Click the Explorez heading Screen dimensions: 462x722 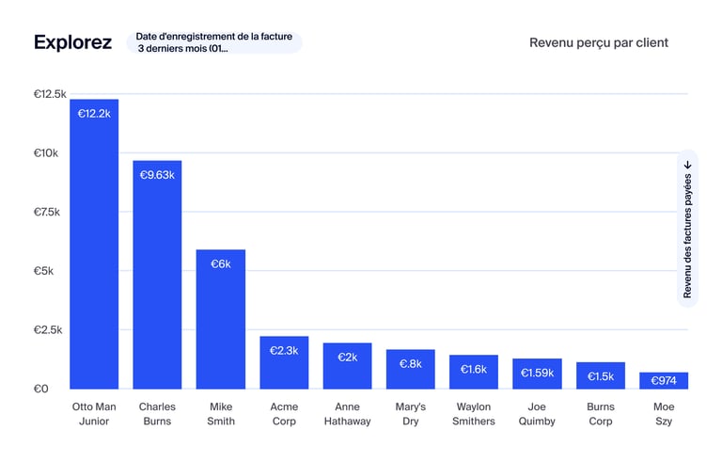click(72, 42)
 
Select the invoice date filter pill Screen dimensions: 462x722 click(214, 42)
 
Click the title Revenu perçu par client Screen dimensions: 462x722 click(599, 42)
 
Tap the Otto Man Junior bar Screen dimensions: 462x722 click(94, 245)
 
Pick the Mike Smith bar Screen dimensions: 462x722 click(220, 320)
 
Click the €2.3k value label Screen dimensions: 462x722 click(283, 351)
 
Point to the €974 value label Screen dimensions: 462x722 click(664, 381)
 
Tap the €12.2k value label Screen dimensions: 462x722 click(94, 114)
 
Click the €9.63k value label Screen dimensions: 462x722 click(157, 175)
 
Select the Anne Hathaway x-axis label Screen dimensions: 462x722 click(347, 414)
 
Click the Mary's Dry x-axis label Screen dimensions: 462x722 click(410, 414)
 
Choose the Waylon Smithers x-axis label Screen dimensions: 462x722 click(473, 414)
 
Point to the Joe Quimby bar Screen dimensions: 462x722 click(537, 374)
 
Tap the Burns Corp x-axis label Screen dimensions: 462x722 click(600, 414)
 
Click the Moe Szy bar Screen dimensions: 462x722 click(664, 380)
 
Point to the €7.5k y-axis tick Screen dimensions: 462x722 click(47, 212)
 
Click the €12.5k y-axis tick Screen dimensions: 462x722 click(50, 94)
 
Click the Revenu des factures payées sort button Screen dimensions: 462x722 click(687, 229)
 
